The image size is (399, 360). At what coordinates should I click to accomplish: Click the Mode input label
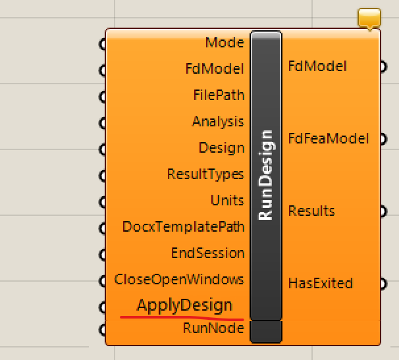pos(225,42)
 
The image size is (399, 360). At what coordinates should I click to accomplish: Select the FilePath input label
pos(219,95)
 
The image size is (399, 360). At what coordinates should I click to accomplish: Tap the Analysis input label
pos(218,122)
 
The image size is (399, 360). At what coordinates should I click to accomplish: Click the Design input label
pos(221,148)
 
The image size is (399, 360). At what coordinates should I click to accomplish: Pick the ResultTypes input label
pos(205,174)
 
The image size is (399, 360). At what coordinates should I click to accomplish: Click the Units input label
pos(227,200)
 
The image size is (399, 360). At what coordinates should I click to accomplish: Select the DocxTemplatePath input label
pos(183,226)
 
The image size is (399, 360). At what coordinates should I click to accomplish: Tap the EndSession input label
pos(207,253)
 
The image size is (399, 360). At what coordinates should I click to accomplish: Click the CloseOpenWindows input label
pos(179,279)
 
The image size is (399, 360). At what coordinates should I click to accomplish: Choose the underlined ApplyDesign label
pos(184,305)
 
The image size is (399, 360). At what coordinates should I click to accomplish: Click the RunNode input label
pos(213,328)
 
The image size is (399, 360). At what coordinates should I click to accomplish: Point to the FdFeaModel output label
pos(329,139)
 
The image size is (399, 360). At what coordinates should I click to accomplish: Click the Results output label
pos(311,211)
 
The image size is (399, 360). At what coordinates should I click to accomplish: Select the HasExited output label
pos(321,283)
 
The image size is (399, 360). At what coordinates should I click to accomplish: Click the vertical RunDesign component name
pos(265,175)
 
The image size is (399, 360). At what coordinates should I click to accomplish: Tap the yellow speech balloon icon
pos(369,18)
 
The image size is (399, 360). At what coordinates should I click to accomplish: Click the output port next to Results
pos(383,211)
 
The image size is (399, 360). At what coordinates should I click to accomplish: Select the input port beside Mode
pos(102,44)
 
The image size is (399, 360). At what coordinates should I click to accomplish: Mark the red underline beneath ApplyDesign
pos(182,318)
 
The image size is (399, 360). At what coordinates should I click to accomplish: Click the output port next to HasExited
pos(383,284)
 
